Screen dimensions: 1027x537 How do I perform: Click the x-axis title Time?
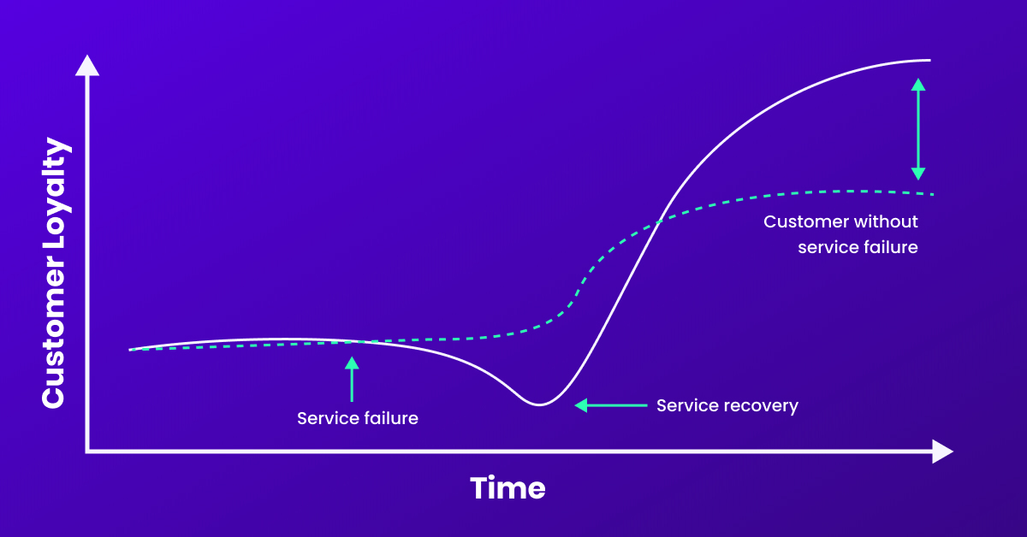[508, 487]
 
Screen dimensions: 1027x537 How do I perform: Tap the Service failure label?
[358, 418]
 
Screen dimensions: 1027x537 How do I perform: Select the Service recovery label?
[727, 405]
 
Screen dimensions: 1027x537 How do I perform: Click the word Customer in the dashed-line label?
[804, 221]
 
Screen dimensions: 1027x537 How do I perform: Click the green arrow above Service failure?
[352, 380]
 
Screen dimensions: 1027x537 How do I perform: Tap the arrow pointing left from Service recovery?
[611, 405]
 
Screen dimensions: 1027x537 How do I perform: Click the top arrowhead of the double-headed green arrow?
[917, 85]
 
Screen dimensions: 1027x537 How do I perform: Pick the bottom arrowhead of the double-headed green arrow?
[917, 174]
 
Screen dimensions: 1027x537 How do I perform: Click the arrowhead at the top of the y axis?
[87, 66]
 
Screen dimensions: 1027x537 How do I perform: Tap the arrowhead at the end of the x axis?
[942, 451]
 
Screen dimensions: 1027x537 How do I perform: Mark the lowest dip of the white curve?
[539, 404]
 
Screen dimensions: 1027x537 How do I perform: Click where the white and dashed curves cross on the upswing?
[659, 222]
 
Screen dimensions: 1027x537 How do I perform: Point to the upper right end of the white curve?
[929, 60]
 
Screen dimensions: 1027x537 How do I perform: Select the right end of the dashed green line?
[934, 195]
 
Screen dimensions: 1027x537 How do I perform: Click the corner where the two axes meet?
[87, 451]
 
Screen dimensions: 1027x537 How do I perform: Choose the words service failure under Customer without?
[858, 247]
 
